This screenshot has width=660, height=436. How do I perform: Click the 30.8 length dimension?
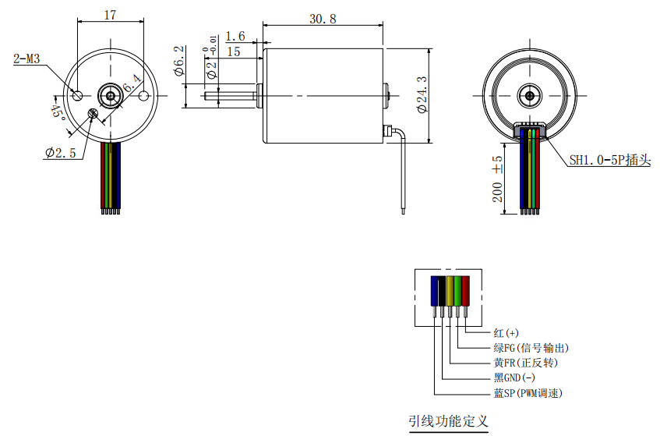pyautogui.click(x=323, y=19)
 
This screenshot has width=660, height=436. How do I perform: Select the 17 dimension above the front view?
pyautogui.click(x=111, y=15)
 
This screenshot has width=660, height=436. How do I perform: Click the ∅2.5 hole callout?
pyautogui.click(x=61, y=153)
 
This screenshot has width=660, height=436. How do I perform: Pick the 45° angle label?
pyautogui.click(x=57, y=111)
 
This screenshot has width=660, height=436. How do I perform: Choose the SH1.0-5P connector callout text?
pyautogui.click(x=609, y=160)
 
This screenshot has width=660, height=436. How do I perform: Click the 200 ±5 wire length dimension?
pyautogui.click(x=497, y=180)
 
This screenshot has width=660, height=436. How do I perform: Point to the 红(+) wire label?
pyautogui.click(x=506, y=333)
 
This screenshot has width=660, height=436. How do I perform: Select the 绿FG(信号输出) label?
pyautogui.click(x=531, y=348)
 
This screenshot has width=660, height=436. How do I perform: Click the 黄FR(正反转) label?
pyautogui.click(x=525, y=363)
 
